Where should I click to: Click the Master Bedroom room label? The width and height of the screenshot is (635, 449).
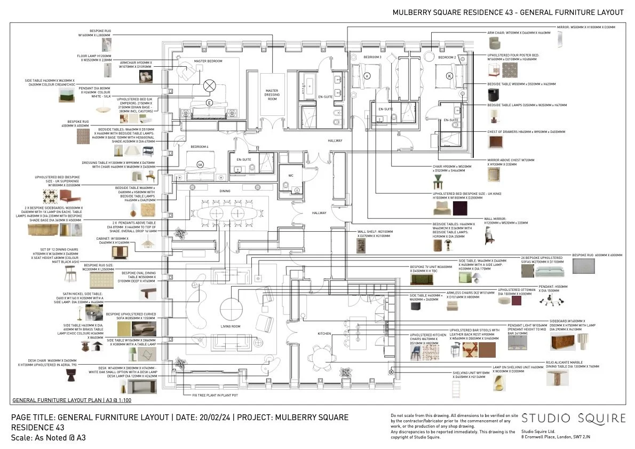(x=208, y=61)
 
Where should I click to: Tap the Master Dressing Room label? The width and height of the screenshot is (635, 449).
(x=272, y=94)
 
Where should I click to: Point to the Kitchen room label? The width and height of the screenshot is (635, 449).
(x=324, y=334)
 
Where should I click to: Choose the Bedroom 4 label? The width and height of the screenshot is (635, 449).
(x=200, y=146)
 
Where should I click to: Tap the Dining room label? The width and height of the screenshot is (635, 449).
(x=225, y=191)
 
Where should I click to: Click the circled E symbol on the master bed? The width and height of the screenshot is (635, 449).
(x=209, y=103)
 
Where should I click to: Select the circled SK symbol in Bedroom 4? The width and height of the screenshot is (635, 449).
(x=201, y=164)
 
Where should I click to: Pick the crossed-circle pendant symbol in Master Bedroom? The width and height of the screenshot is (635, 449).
(x=210, y=85)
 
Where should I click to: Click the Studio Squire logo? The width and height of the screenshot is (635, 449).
(x=573, y=419)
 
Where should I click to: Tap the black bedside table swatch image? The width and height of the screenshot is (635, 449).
(x=495, y=96)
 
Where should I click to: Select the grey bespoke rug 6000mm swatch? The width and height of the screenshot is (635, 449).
(x=583, y=266)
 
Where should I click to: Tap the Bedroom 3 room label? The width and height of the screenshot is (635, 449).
(x=373, y=57)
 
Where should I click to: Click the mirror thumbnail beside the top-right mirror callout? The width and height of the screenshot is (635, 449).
(x=560, y=40)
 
